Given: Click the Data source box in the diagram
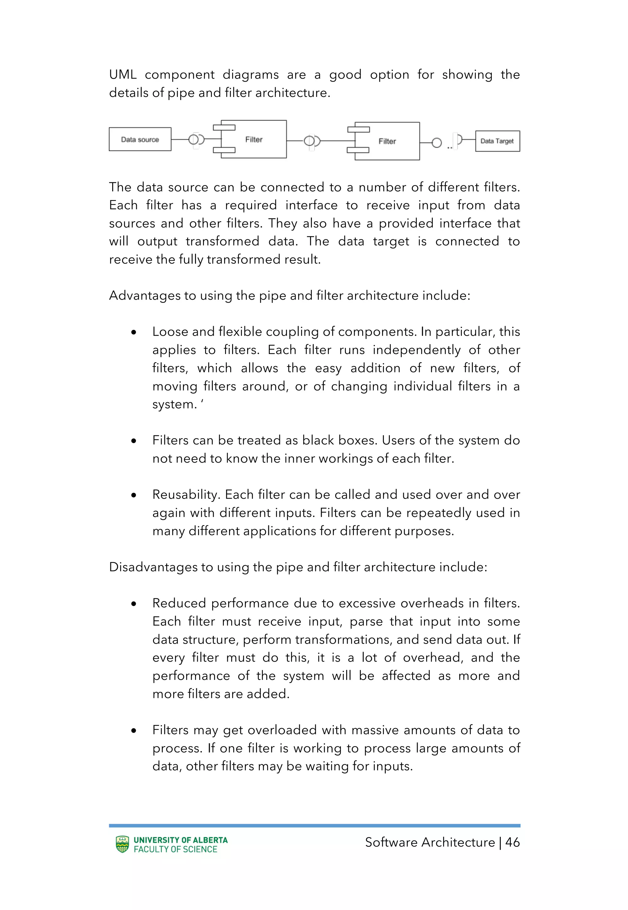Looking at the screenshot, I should click(140, 139).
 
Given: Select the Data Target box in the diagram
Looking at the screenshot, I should click(497, 141).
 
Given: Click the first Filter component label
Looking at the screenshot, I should click(254, 139).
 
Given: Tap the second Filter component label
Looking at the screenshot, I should click(387, 141).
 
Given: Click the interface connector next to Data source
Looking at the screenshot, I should click(196, 139).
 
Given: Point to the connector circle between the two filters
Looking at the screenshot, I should click(311, 141).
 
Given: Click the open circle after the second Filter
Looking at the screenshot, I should click(436, 142).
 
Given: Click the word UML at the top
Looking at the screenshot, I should click(123, 74).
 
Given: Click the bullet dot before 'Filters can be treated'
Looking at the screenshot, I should click(134, 441).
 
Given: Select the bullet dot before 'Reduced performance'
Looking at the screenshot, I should click(134, 604).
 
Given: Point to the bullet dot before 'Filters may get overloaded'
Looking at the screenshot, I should click(134, 731).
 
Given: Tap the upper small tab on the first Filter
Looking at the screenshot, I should click(224, 127).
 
